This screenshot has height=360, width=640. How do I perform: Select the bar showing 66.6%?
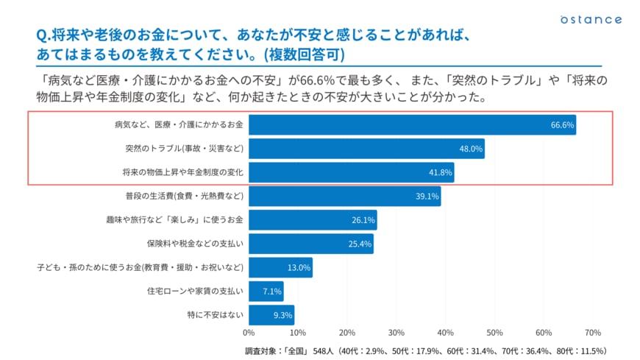point(412,125)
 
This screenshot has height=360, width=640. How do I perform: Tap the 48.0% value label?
point(471,149)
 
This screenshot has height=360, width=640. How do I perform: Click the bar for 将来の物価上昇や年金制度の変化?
point(351,172)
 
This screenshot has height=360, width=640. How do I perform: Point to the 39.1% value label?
point(427,197)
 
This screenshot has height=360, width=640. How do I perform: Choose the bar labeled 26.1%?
point(313,220)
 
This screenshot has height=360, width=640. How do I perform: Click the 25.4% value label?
point(359,244)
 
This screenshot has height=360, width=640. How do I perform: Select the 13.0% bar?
point(280,268)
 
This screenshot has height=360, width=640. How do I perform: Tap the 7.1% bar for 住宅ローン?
point(266,292)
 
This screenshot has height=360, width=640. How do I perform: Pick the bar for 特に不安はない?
point(271,315)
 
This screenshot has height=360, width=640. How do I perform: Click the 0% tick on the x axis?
point(249,333)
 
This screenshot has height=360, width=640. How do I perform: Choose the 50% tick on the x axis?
point(494,333)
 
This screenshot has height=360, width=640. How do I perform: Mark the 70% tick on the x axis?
point(592,333)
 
